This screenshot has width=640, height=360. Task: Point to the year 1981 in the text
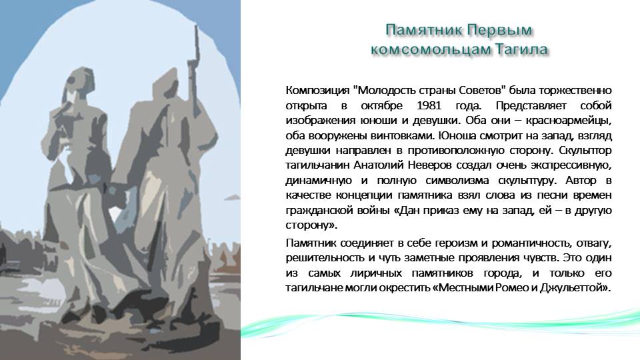(429, 105)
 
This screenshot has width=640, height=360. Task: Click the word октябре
(381, 106)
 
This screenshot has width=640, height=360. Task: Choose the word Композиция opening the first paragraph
(317, 91)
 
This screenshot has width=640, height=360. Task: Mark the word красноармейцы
(568, 121)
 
